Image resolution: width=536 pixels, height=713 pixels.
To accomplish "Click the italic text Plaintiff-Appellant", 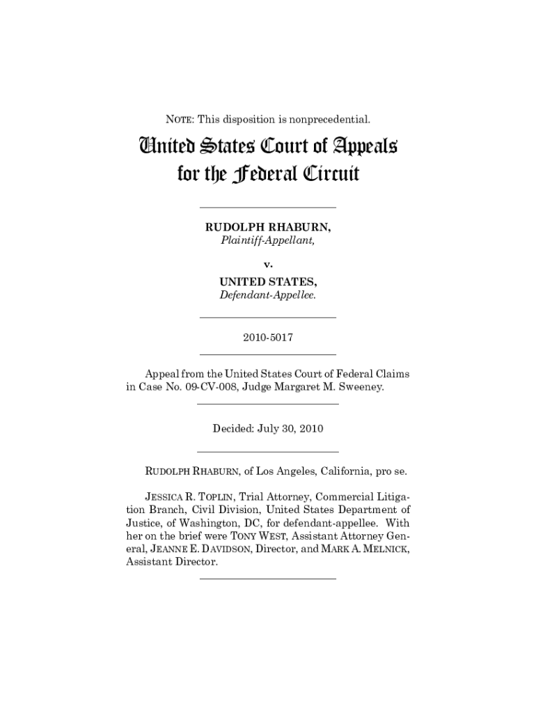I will pyautogui.click(x=267, y=241).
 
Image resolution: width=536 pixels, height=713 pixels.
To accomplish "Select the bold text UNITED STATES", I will pyautogui.click(x=268, y=281).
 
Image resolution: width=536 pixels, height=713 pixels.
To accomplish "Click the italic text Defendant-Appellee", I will pyautogui.click(x=267, y=295).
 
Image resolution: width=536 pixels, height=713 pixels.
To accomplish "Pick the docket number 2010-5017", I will pyautogui.click(x=267, y=337).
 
